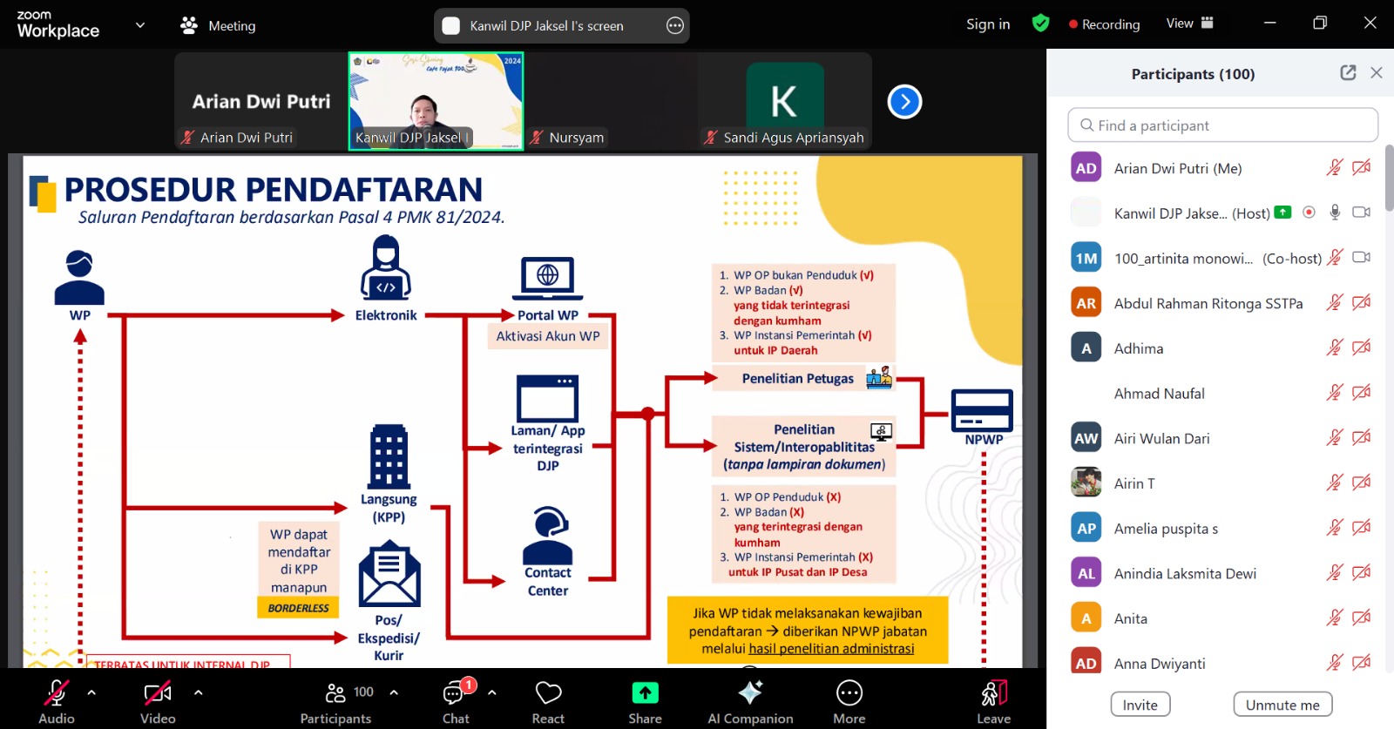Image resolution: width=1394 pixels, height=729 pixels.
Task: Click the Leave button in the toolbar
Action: [x=993, y=700]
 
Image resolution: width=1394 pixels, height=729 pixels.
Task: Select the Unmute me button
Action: [x=1282, y=705]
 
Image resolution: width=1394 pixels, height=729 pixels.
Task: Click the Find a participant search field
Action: [x=1222, y=125]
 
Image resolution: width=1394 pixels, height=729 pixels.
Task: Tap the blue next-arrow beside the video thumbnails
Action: [x=904, y=102]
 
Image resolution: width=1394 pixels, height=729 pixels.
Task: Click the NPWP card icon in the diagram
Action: [x=982, y=410]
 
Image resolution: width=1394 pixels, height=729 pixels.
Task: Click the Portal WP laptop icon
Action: [x=547, y=279]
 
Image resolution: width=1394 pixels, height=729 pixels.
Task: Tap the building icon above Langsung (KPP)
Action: [x=389, y=456]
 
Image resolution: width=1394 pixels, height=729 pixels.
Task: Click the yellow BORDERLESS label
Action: [x=298, y=608]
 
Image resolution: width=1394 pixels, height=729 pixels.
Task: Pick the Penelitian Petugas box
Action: [x=798, y=379]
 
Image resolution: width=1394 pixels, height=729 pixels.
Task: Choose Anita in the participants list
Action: [x=1130, y=618]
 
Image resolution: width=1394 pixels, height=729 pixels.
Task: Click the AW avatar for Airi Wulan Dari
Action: [x=1086, y=438]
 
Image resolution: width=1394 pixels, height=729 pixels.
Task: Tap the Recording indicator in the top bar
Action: [x=1104, y=24]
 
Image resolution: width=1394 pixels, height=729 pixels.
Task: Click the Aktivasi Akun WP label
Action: [x=548, y=336]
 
